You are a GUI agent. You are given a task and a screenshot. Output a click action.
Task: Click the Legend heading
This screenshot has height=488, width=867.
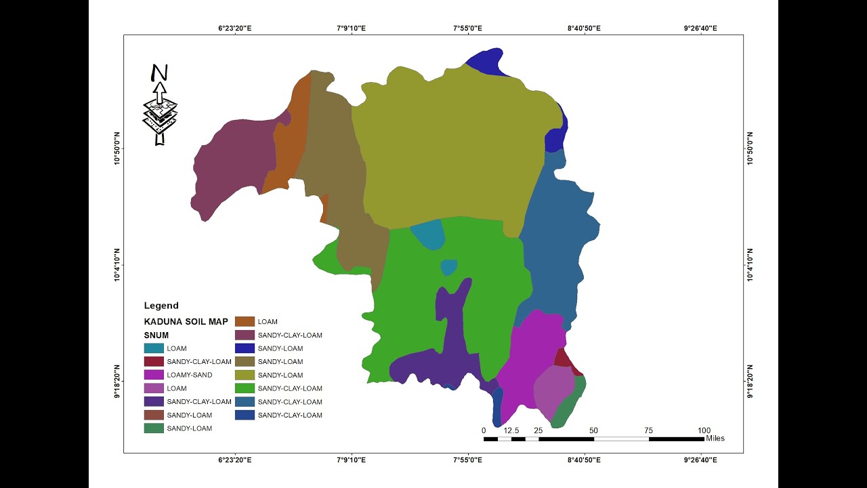(x=161, y=306)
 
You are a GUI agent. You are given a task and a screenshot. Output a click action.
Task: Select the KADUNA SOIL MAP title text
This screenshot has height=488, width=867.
(x=186, y=321)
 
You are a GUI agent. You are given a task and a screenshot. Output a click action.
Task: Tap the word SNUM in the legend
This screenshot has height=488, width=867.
(x=156, y=335)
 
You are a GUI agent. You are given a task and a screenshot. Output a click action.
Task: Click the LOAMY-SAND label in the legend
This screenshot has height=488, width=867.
(x=189, y=375)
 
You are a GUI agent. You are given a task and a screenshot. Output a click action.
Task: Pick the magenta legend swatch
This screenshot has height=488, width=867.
(x=153, y=375)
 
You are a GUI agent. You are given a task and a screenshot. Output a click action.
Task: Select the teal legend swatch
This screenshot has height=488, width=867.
(x=153, y=348)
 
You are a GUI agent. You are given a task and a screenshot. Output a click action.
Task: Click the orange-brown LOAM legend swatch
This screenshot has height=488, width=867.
(x=245, y=321)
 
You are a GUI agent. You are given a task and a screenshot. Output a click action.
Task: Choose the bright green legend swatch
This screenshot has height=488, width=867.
(x=245, y=388)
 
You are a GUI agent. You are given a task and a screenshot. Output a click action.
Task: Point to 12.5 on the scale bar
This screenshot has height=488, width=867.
(x=511, y=430)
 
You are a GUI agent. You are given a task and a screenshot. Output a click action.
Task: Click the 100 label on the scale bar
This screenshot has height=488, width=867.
(x=704, y=430)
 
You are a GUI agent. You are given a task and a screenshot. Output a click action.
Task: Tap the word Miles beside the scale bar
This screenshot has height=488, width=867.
(x=715, y=439)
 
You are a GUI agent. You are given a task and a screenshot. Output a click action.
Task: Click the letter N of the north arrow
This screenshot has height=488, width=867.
(x=159, y=73)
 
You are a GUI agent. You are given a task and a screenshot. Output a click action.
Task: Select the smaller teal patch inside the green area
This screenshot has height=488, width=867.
(x=448, y=268)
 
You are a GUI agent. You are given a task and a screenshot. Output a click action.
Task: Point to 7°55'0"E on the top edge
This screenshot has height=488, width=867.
(x=467, y=28)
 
